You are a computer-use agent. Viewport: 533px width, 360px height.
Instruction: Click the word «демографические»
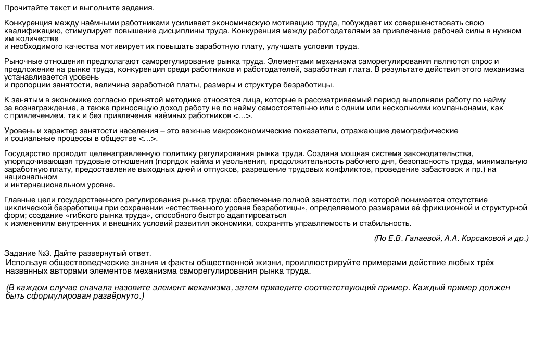pyautogui.click(x=421, y=131)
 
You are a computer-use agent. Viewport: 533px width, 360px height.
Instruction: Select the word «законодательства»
pyautogui.click(x=438, y=153)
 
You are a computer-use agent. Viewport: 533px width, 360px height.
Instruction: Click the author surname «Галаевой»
pyautogui.click(x=426, y=238)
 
